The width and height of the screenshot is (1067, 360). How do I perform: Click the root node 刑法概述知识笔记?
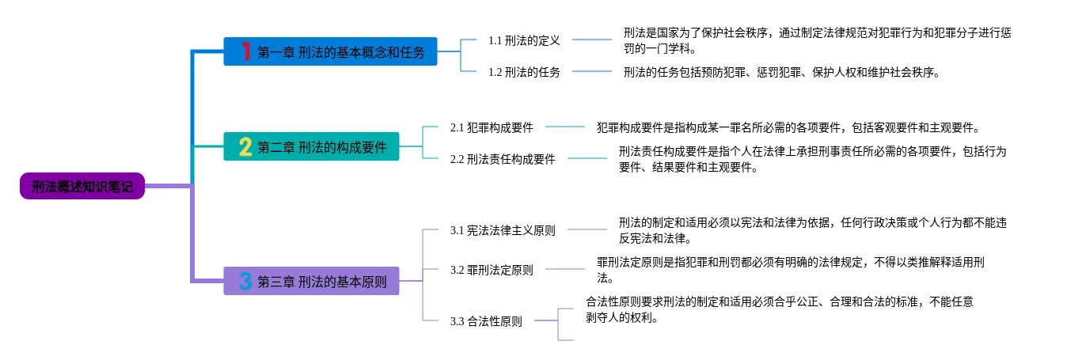coord(82,186)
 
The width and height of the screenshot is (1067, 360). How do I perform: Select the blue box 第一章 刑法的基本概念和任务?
coord(330,51)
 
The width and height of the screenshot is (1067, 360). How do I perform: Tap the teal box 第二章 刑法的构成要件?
coord(311,146)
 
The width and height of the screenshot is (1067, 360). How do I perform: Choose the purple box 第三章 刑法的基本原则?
coord(311,281)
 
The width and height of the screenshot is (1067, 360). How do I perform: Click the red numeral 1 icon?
coord(245,51)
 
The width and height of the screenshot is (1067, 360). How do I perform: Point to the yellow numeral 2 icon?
coord(245,146)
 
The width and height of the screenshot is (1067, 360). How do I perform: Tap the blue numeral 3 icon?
coord(245,281)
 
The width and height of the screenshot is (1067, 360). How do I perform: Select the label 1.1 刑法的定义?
coord(523,40)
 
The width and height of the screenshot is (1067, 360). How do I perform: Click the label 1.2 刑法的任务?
coord(523,72)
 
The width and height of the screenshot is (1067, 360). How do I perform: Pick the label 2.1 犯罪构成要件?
coord(492,127)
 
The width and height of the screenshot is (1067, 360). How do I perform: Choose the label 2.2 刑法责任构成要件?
coord(503,159)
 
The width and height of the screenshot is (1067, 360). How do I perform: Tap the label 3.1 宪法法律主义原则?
coord(503,230)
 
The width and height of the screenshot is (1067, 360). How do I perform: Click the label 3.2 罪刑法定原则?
coord(492,270)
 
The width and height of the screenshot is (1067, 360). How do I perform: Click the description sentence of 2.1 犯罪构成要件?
coord(788,127)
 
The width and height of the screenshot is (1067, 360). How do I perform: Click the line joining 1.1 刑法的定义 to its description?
coord(591,39)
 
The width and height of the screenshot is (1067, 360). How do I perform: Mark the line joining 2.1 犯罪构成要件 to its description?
coord(564,126)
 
